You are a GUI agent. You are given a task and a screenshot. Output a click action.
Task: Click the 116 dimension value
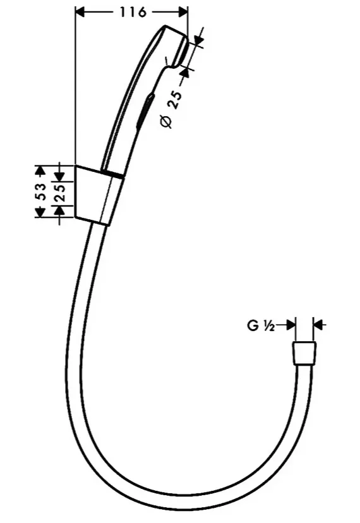pos(133,13)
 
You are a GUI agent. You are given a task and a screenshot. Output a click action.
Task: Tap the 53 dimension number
pos(40,191)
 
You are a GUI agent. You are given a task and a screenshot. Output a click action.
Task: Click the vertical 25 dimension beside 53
pos(61,193)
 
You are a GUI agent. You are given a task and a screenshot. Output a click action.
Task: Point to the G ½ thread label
pos(261,325)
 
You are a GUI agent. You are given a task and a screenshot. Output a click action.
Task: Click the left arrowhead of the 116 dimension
pos(81,13)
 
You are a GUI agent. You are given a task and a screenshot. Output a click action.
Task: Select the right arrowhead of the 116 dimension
pos(183,13)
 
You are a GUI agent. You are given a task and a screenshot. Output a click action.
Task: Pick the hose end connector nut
pos(304,353)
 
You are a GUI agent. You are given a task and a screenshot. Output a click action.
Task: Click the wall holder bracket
pos(99,195)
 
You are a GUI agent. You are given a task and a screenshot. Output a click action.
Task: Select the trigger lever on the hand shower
pos(145,109)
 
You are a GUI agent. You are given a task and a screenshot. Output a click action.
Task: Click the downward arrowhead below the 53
pos(40,212)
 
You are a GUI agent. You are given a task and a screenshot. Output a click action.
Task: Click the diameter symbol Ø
pos(167,123)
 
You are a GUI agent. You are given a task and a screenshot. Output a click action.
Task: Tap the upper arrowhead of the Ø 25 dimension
pos(198,39)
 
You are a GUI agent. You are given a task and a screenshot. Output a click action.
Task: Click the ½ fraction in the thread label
pos(268,326)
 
